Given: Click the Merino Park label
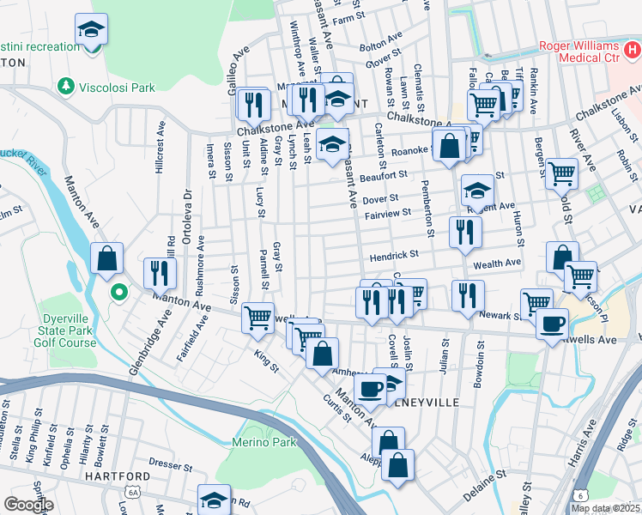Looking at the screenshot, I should (x=263, y=442).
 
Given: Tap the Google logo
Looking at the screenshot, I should (x=28, y=505).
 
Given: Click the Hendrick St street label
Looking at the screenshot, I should (x=394, y=255).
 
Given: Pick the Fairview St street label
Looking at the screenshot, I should (x=387, y=212).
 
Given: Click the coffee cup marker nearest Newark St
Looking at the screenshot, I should (x=553, y=324).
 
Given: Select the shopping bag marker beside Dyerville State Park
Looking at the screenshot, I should (x=107, y=257).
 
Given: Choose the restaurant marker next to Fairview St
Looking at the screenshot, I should (x=464, y=232).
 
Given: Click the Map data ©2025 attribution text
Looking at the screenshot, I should (x=605, y=508).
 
